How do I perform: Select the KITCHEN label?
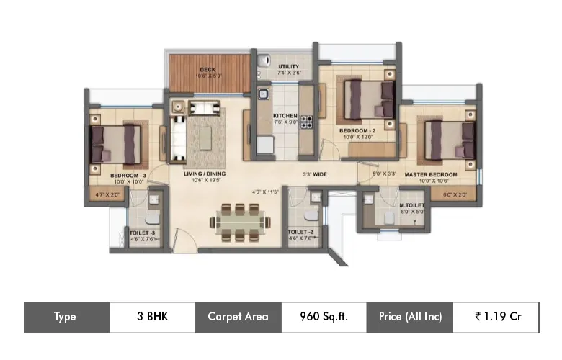[x=285, y=115]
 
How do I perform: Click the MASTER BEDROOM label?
[x=431, y=175]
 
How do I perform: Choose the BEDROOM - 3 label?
[x=128, y=175]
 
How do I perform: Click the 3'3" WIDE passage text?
[x=315, y=174]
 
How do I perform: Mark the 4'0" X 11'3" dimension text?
[x=264, y=192]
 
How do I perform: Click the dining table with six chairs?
[x=238, y=222]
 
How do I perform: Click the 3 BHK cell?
[x=152, y=317]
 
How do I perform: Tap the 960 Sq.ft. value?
[x=324, y=317]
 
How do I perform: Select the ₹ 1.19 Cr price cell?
[x=496, y=317]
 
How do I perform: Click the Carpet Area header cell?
[x=238, y=317]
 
